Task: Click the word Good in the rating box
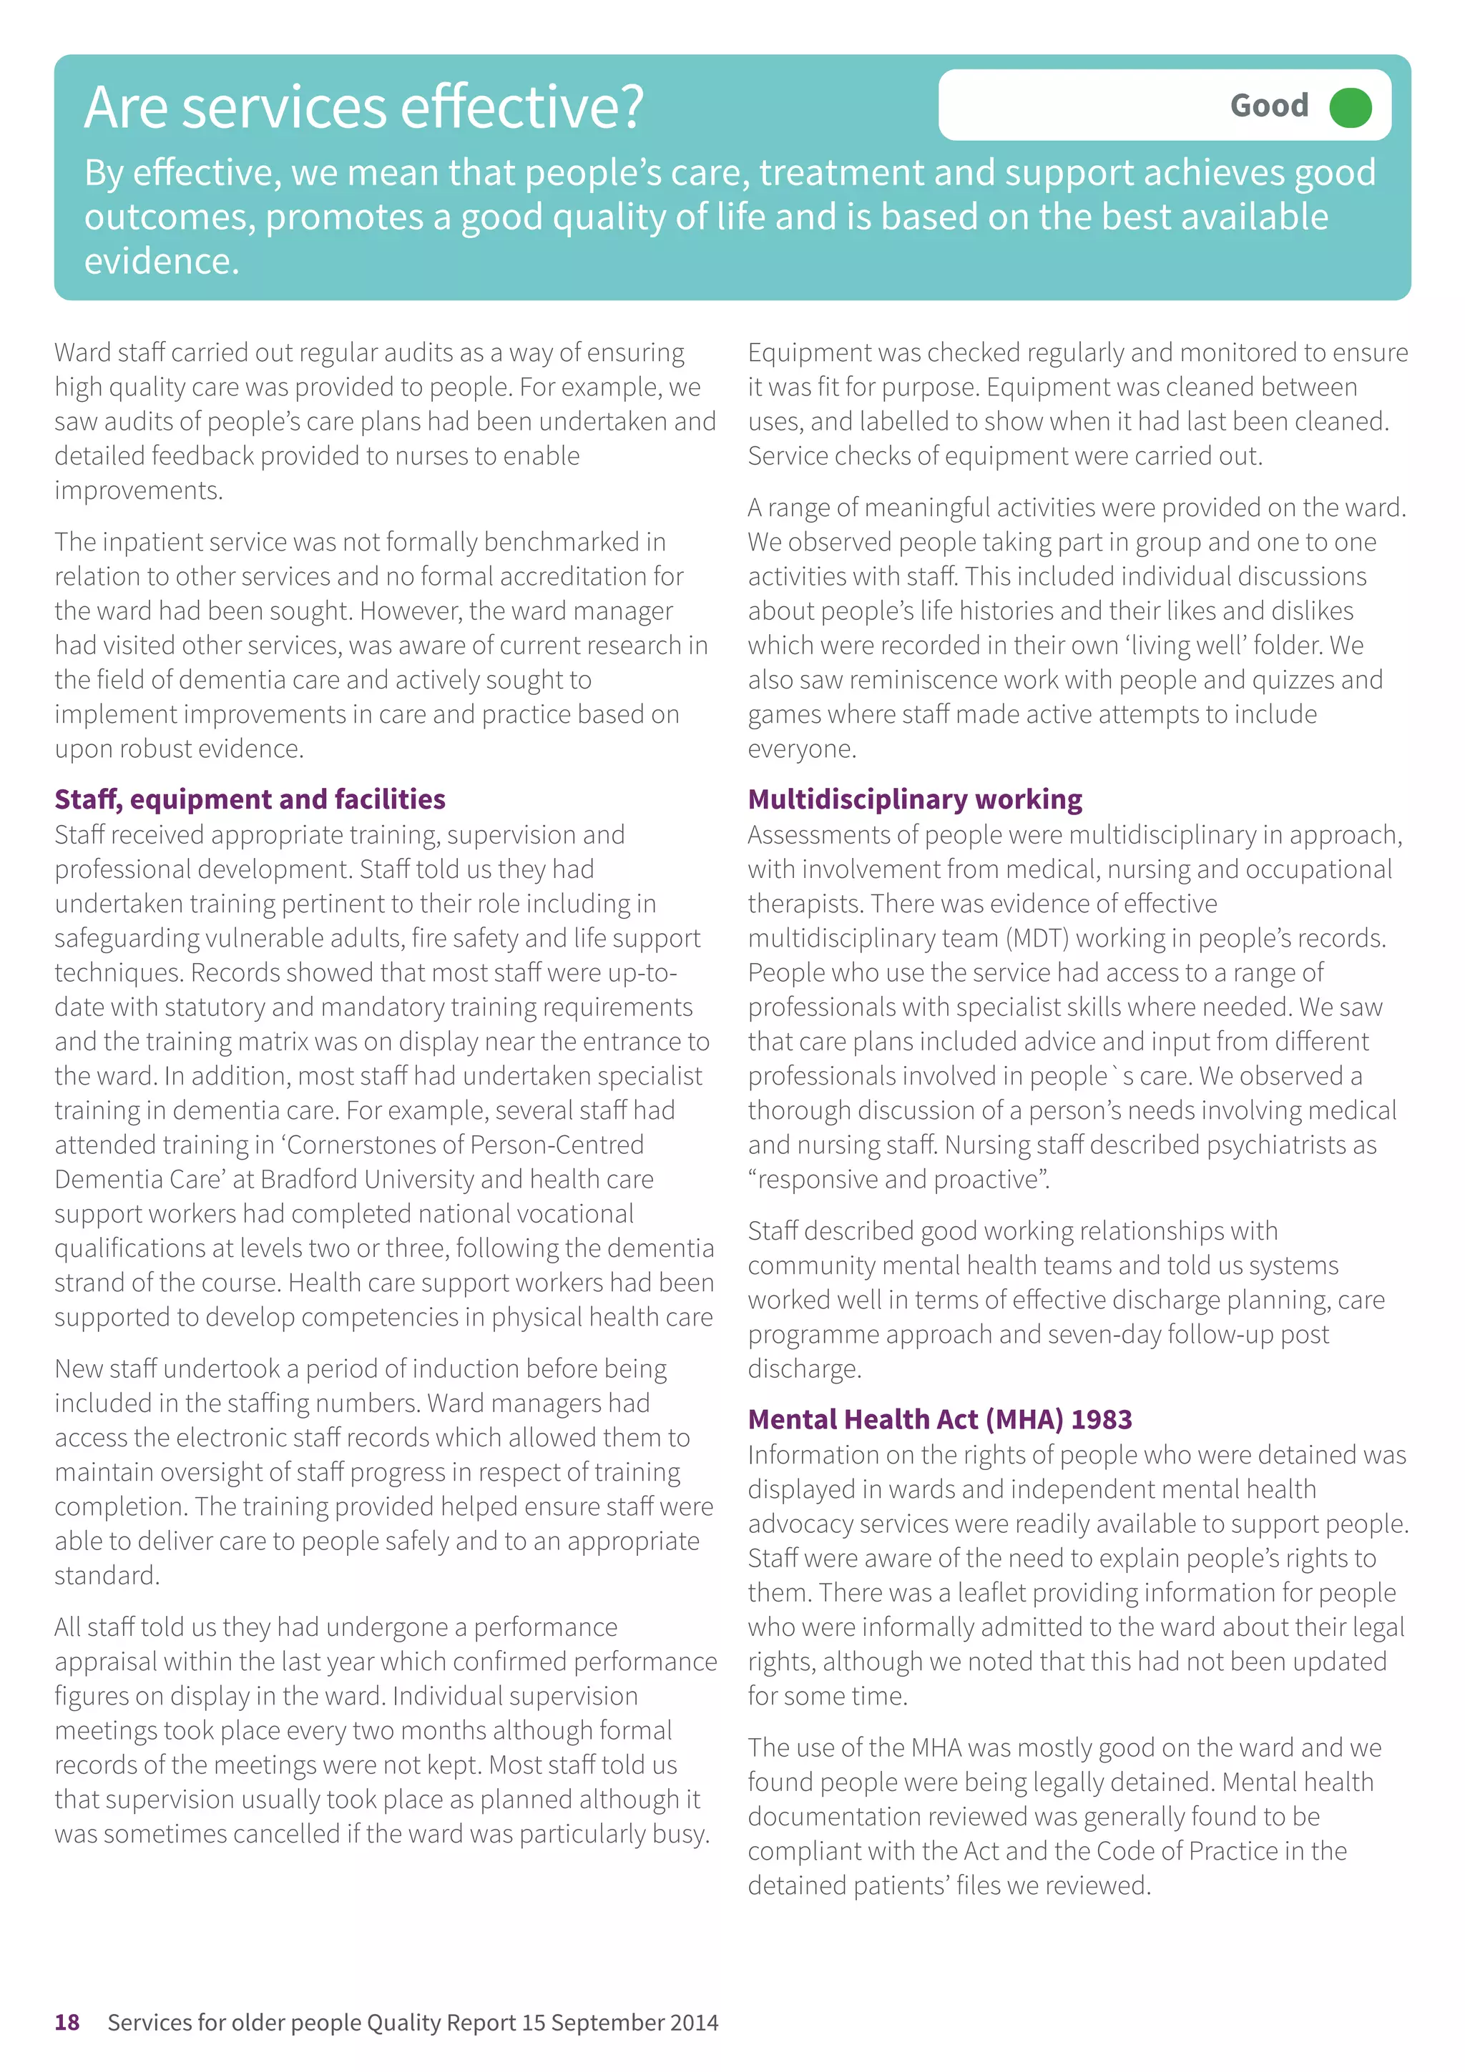click(1268, 107)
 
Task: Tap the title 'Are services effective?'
click(364, 107)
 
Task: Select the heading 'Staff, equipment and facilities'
click(250, 799)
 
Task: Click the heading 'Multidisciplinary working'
click(914, 799)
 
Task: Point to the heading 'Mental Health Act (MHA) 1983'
click(939, 1419)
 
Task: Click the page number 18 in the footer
click(67, 2021)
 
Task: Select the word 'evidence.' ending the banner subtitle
click(162, 262)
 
